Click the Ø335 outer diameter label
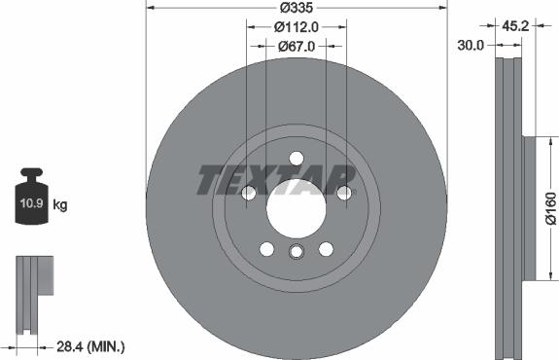296,8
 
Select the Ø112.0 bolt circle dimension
296,27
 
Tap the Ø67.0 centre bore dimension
297,46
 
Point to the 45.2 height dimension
515,25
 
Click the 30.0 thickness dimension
471,46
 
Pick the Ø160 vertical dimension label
551,208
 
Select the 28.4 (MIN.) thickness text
90,346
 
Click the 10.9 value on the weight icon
31,203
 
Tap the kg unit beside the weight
60,204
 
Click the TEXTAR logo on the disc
276,180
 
